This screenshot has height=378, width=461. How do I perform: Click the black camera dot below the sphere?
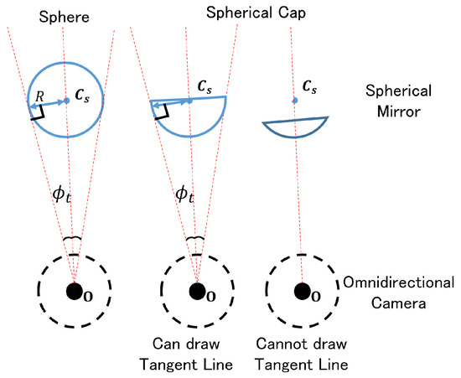click(x=75, y=292)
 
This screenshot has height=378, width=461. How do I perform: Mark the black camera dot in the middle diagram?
click(x=197, y=292)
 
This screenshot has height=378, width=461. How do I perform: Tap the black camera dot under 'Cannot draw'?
click(x=301, y=292)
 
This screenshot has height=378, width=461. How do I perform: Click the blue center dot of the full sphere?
click(x=66, y=101)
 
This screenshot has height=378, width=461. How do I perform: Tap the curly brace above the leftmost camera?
click(x=72, y=240)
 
